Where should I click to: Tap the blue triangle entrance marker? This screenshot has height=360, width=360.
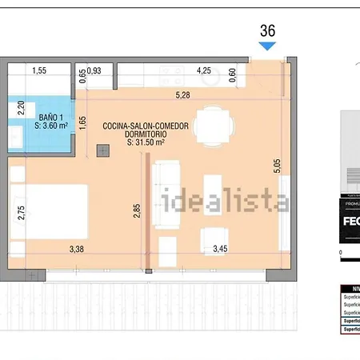pyautogui.click(x=268, y=46)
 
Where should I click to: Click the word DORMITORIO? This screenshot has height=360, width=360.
pyautogui.click(x=134, y=134)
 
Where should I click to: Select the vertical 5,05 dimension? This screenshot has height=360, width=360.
pyautogui.click(x=277, y=166)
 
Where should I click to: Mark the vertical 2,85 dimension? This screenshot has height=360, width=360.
pyautogui.click(x=137, y=211)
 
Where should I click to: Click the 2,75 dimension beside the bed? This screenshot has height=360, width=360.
pyautogui.click(x=22, y=213)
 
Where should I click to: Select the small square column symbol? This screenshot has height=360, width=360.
pyautogui.click(x=102, y=150)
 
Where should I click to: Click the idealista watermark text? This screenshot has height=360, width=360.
pyautogui.click(x=226, y=200)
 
